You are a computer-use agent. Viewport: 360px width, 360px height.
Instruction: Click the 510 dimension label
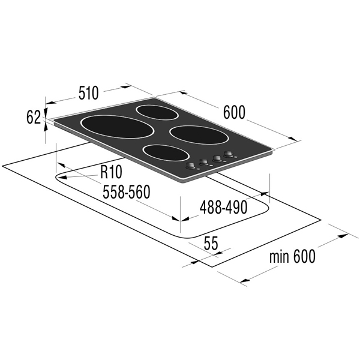(89, 93)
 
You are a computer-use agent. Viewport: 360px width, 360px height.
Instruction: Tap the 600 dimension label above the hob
(234, 113)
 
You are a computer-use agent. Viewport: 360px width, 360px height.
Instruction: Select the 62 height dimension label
(34, 117)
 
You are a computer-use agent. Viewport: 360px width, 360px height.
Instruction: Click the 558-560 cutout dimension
(126, 192)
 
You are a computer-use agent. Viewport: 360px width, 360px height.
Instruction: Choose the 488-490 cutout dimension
(223, 208)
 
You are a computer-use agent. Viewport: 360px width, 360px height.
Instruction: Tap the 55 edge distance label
(211, 244)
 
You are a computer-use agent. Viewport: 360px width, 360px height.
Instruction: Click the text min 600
(292, 256)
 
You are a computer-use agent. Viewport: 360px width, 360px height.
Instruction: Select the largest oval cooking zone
(117, 127)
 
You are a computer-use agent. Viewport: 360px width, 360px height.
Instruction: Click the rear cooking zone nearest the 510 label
(155, 113)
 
